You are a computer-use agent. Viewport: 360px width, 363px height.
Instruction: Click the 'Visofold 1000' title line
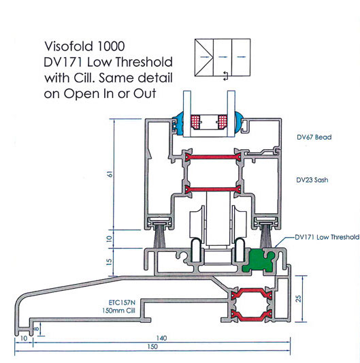pyautogui.click(x=84, y=46)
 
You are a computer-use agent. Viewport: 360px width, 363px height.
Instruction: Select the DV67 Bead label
pyautogui.click(x=314, y=137)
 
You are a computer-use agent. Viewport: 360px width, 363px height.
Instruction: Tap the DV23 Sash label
pyautogui.click(x=312, y=180)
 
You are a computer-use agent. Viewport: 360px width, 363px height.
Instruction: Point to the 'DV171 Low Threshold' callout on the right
pyautogui.click(x=327, y=237)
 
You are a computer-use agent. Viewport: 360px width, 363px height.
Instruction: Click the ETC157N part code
pyautogui.click(x=122, y=302)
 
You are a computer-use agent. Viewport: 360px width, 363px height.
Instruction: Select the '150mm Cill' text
pyautogui.click(x=118, y=311)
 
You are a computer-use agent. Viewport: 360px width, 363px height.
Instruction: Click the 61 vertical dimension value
pyautogui.click(x=110, y=174)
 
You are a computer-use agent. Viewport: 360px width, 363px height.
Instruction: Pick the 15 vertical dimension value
pyautogui.click(x=109, y=262)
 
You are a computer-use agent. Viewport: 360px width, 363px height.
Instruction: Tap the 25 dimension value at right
pyautogui.click(x=299, y=298)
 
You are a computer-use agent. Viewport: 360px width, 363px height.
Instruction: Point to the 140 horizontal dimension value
pyautogui.click(x=161, y=338)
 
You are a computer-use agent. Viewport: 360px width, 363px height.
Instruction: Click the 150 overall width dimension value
pyautogui.click(x=152, y=347)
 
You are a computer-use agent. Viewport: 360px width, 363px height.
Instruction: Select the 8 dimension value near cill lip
pyautogui.click(x=37, y=328)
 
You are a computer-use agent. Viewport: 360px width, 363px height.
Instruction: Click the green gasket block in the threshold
pyautogui.click(x=259, y=260)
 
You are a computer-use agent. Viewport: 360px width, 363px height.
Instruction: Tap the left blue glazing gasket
pyautogui.click(x=178, y=125)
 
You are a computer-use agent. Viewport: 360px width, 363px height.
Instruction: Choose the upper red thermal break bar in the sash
pyautogui.click(x=213, y=157)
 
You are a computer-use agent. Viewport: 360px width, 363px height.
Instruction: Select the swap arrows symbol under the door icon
pyautogui.click(x=225, y=76)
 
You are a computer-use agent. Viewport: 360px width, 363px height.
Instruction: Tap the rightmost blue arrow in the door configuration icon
pyautogui.click(x=242, y=57)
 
